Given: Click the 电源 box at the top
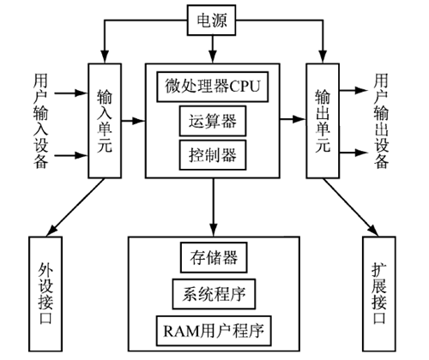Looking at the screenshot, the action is pyautogui.click(x=212, y=20).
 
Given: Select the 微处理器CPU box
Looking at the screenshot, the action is pyautogui.click(x=213, y=87).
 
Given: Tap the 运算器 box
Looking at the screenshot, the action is pyautogui.click(x=213, y=121).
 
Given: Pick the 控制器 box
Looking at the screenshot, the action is pyautogui.click(x=213, y=155).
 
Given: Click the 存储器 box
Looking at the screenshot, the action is pyautogui.click(x=214, y=257).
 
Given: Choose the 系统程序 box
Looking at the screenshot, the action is pyautogui.click(x=214, y=294).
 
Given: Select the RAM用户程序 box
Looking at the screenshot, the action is pyautogui.click(x=214, y=331).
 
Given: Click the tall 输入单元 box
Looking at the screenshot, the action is pyautogui.click(x=105, y=121).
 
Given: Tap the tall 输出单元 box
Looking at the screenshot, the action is pyautogui.click(x=323, y=121).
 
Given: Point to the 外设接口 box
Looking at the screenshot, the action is pyautogui.click(x=45, y=294).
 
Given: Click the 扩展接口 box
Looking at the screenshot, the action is pyautogui.click(x=379, y=294).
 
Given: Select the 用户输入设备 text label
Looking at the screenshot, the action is pyautogui.click(x=40, y=121).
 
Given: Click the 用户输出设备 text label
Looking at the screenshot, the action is pyautogui.click(x=382, y=121).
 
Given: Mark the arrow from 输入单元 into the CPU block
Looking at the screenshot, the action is pyautogui.click(x=133, y=121).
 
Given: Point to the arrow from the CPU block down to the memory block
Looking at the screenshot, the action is pyautogui.click(x=213, y=207).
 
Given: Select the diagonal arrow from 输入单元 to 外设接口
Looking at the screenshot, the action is pyautogui.click(x=76, y=207).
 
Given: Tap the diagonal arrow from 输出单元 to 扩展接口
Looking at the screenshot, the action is pyautogui.click(x=351, y=207).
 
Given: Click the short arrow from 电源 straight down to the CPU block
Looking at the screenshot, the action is pyautogui.click(x=213, y=49).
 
